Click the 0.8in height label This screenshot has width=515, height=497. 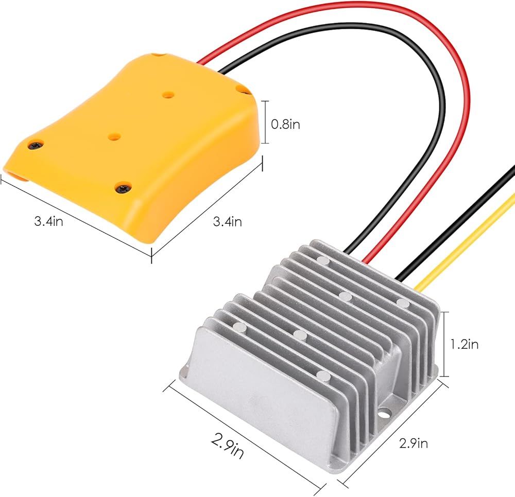[x=285, y=125]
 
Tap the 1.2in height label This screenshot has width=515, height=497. [x=464, y=344]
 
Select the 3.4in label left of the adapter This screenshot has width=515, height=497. [x=48, y=221]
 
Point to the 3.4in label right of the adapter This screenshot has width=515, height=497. [x=227, y=222]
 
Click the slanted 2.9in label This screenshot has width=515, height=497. [x=227, y=445]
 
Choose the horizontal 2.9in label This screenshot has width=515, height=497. [x=414, y=443]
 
